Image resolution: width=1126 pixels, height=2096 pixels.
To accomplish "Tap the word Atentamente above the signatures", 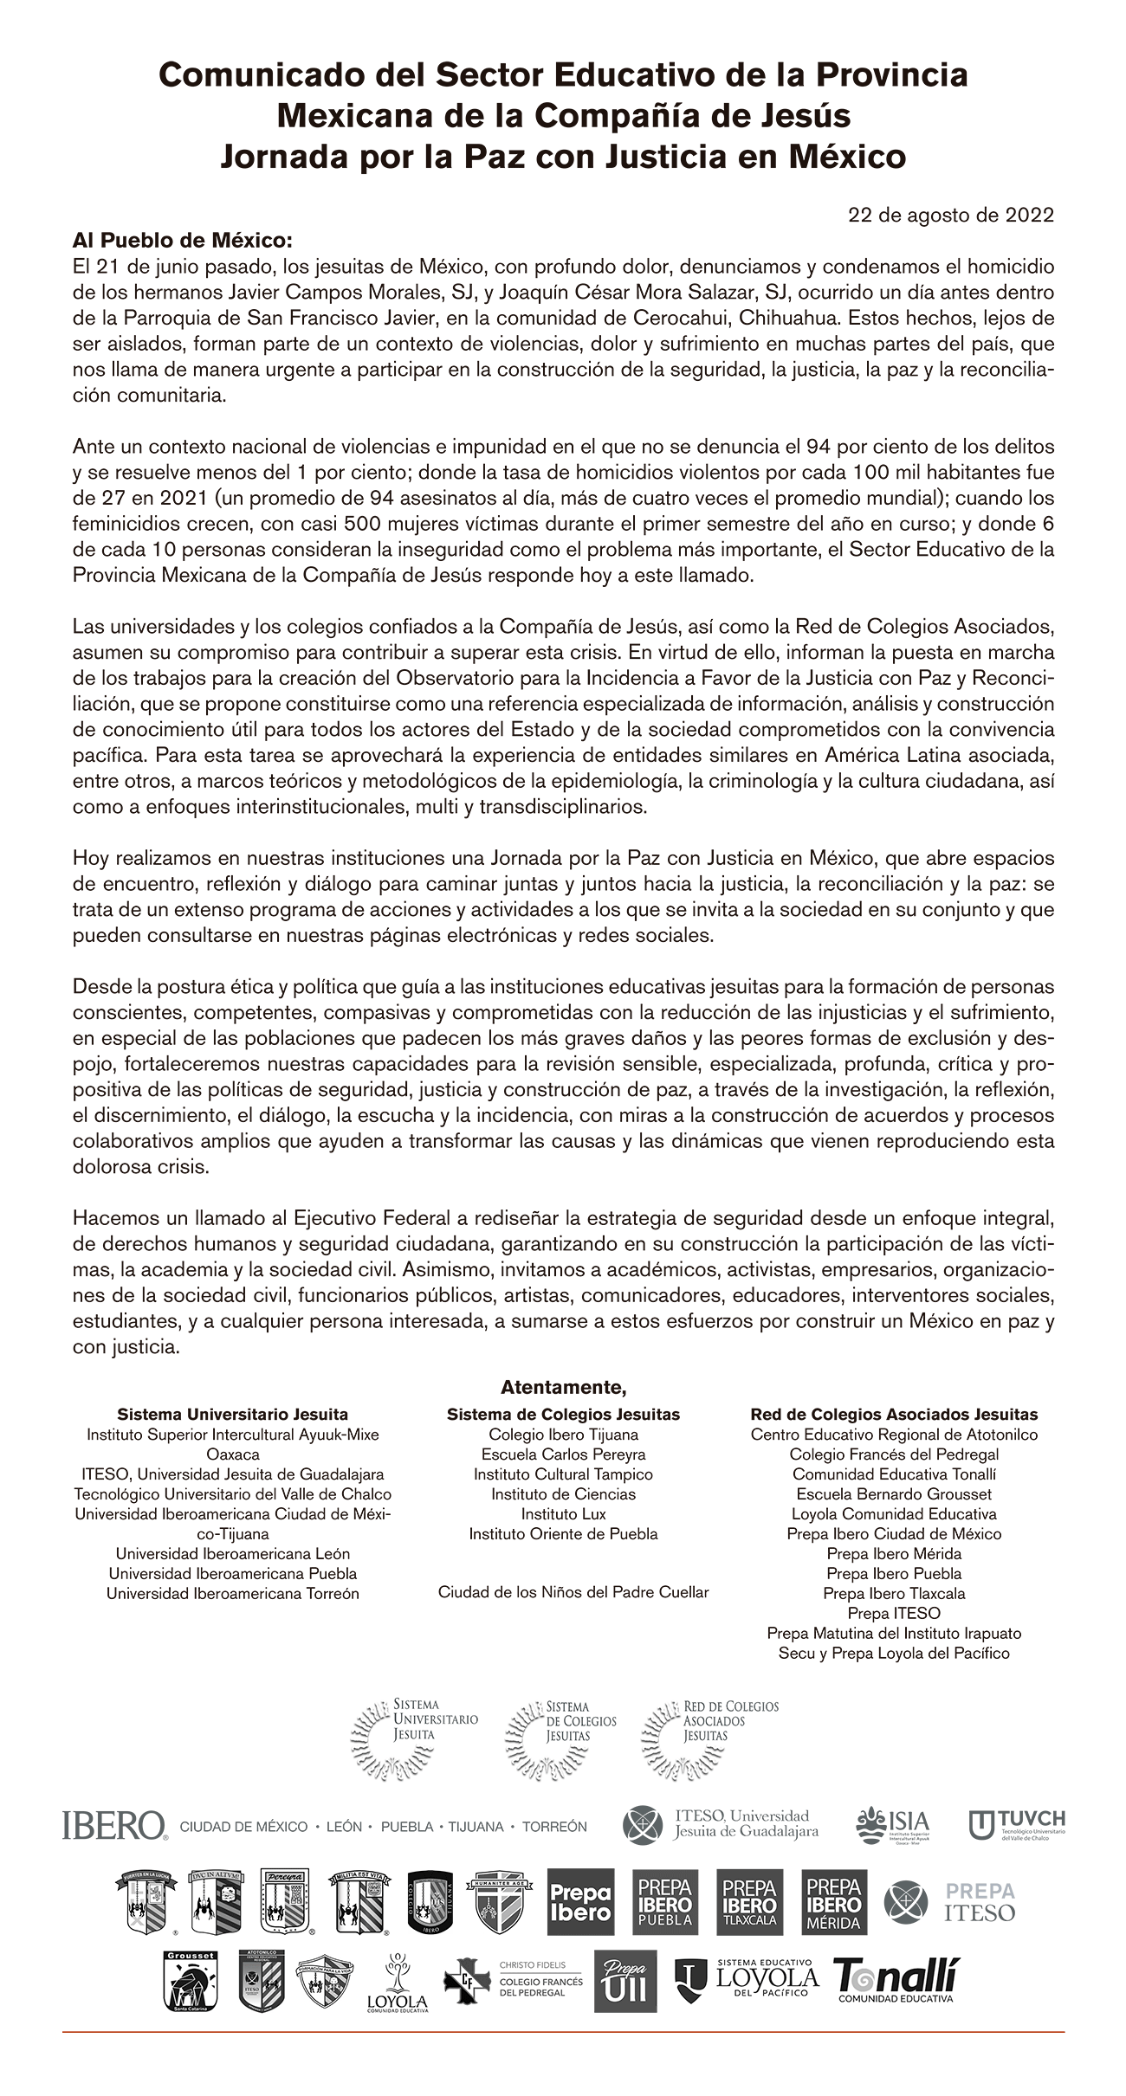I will click(x=563, y=1388).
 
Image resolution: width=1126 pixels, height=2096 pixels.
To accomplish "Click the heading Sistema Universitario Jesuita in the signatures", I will click(x=232, y=1415).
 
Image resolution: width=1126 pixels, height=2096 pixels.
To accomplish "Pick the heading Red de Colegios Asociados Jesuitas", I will click(x=894, y=1415).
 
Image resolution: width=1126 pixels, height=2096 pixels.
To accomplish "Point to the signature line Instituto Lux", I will click(x=563, y=1514).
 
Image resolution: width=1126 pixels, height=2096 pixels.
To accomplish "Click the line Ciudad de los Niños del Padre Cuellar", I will click(x=573, y=1592).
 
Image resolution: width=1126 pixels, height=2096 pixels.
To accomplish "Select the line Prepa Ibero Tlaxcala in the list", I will click(x=894, y=1593).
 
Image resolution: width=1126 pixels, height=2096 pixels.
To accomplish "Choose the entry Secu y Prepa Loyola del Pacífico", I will click(x=894, y=1653).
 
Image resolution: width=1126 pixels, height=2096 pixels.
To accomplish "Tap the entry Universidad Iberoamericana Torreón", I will click(x=232, y=1593).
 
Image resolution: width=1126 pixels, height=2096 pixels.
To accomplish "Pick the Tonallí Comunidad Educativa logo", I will click(x=896, y=1981).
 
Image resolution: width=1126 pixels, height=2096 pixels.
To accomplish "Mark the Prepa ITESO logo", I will click(x=949, y=1902).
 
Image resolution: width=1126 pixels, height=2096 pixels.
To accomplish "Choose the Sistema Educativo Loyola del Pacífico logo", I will click(x=747, y=1980).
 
